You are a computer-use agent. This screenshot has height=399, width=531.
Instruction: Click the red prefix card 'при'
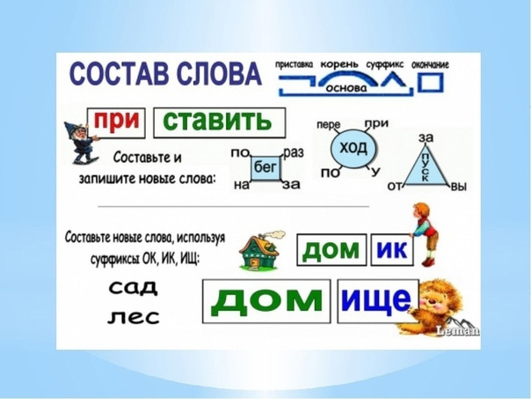pyautogui.click(x=116, y=122)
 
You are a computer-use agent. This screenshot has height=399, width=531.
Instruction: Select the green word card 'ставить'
pyautogui.click(x=220, y=122)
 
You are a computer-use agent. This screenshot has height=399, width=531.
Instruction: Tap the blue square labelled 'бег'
pyautogui.click(x=265, y=168)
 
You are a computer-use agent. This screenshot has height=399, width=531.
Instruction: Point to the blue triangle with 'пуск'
pyautogui.click(x=426, y=168)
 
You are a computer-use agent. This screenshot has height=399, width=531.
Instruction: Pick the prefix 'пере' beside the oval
pyautogui.click(x=329, y=125)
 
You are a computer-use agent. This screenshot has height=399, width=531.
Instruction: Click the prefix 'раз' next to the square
pyautogui.click(x=294, y=153)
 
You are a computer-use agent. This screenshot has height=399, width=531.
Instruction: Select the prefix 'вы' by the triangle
pyautogui.click(x=459, y=187)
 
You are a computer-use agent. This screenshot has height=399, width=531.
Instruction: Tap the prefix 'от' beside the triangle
pyautogui.click(x=395, y=186)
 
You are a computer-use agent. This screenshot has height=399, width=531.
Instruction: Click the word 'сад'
pyautogui.click(x=133, y=288)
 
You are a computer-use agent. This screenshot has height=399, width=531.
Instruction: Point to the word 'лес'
pyautogui.click(x=134, y=317)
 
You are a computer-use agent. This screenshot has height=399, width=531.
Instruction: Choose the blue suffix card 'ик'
pyautogui.click(x=392, y=250)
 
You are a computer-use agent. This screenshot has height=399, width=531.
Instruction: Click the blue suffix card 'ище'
pyautogui.click(x=378, y=301)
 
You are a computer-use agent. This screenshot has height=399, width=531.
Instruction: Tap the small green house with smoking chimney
pyautogui.click(x=261, y=250)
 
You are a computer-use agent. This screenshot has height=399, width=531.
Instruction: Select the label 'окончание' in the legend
pyautogui.click(x=430, y=65)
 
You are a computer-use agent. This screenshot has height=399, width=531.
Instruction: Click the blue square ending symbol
pyautogui.click(x=431, y=83)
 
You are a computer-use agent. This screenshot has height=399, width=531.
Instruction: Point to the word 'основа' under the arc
pyautogui.click(x=346, y=88)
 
